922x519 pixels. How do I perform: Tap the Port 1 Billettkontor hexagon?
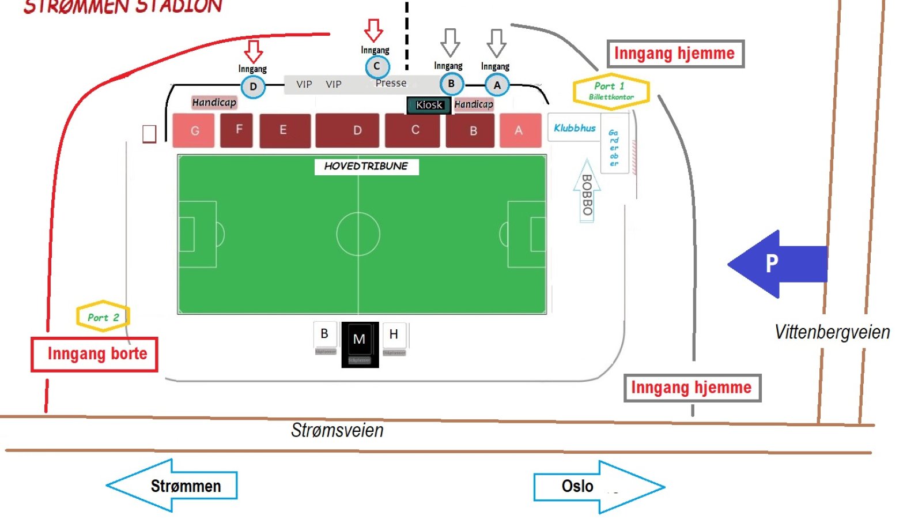pos(611,91)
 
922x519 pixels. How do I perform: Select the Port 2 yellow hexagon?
pos(103,317)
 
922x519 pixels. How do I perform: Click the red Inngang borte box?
pos(95,353)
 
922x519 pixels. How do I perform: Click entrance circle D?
pos(253,87)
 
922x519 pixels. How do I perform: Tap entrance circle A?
pos(497,85)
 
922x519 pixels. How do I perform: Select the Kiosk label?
pos(429,105)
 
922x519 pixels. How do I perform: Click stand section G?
pos(194,131)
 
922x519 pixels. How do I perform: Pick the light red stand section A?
pos(520,130)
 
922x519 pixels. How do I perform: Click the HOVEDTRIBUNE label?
pos(366,166)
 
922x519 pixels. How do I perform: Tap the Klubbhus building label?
pos(575,128)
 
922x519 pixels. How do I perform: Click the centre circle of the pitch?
pos(358,234)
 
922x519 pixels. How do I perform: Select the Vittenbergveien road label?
pos(832,332)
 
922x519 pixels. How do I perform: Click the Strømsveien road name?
pos(337,430)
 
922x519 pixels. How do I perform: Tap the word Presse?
pos(391,83)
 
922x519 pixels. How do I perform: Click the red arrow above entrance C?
pos(373,30)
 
